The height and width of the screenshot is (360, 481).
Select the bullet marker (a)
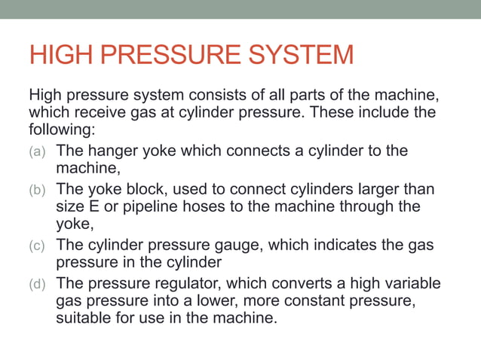click(38, 151)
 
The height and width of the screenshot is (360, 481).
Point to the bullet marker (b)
click(38, 188)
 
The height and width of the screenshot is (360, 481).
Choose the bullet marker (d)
click(38, 283)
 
